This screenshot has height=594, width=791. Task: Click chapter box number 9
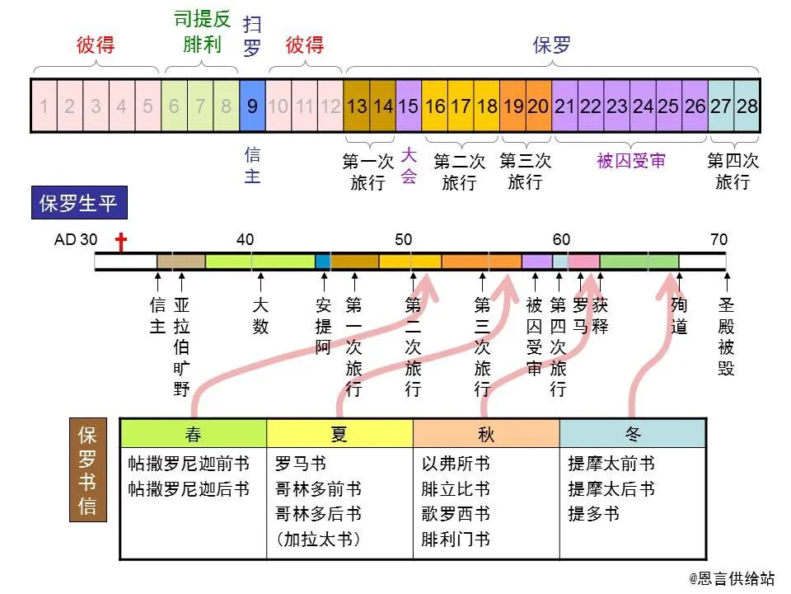pos(252,106)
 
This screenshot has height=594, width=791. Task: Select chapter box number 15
pos(409,106)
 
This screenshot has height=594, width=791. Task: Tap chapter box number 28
pos(747,106)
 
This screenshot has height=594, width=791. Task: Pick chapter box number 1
pos(44,106)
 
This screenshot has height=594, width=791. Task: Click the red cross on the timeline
pos(121,243)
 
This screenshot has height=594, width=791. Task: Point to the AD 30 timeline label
pos(75,240)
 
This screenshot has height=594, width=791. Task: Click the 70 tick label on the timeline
pos(718,240)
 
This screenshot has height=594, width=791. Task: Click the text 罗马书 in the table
pos(301,464)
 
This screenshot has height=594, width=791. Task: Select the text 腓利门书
pos(456,540)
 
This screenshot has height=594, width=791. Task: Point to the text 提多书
pos(593,514)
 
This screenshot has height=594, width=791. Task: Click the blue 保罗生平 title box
pos(79,204)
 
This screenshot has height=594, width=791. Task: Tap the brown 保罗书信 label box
pos(87,471)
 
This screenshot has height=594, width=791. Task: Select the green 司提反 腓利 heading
pos(202,32)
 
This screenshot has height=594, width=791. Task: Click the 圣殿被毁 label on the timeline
pos(726,337)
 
